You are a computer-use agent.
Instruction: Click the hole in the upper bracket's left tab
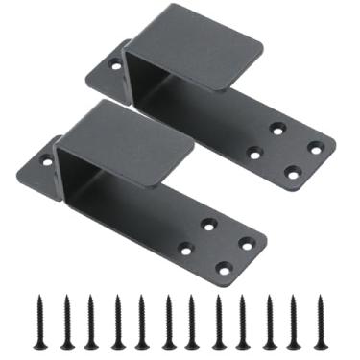pos(115,65)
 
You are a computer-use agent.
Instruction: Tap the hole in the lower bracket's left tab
pos(46,160)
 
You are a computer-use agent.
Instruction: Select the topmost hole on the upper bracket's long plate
pos(277,127)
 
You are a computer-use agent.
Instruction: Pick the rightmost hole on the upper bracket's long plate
pos(315,147)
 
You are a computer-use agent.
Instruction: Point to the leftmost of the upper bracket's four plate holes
pos(254,152)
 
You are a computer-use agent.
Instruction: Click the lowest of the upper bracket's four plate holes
pos(293,173)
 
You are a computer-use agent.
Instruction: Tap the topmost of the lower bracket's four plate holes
pos(208,224)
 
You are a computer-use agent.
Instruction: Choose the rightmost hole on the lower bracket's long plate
pos(247,244)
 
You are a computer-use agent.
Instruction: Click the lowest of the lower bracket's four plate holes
pos(224,270)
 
